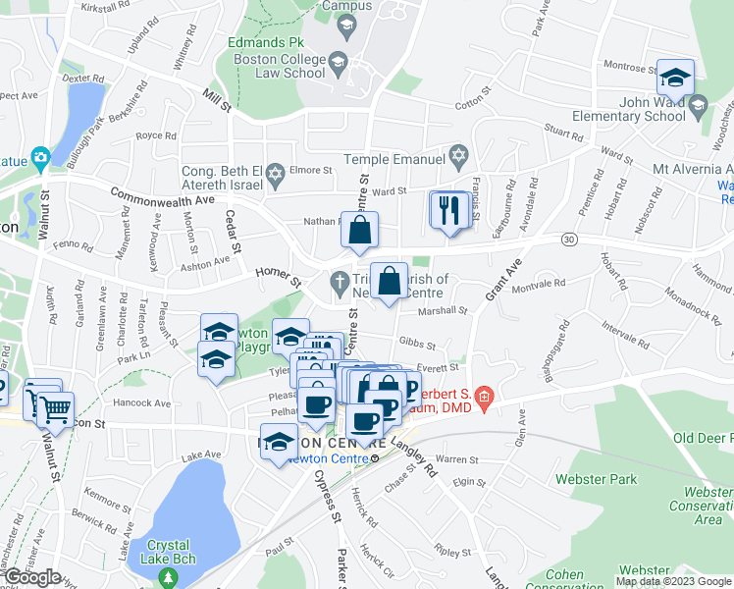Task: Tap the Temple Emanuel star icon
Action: click(457, 157)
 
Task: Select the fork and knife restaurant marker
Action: click(450, 212)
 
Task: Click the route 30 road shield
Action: click(568, 239)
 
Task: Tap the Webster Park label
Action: click(597, 480)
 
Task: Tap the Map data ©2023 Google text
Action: click(673, 581)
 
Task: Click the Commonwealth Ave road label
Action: click(161, 196)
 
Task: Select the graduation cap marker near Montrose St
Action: click(675, 78)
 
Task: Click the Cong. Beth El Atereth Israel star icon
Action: click(276, 174)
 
